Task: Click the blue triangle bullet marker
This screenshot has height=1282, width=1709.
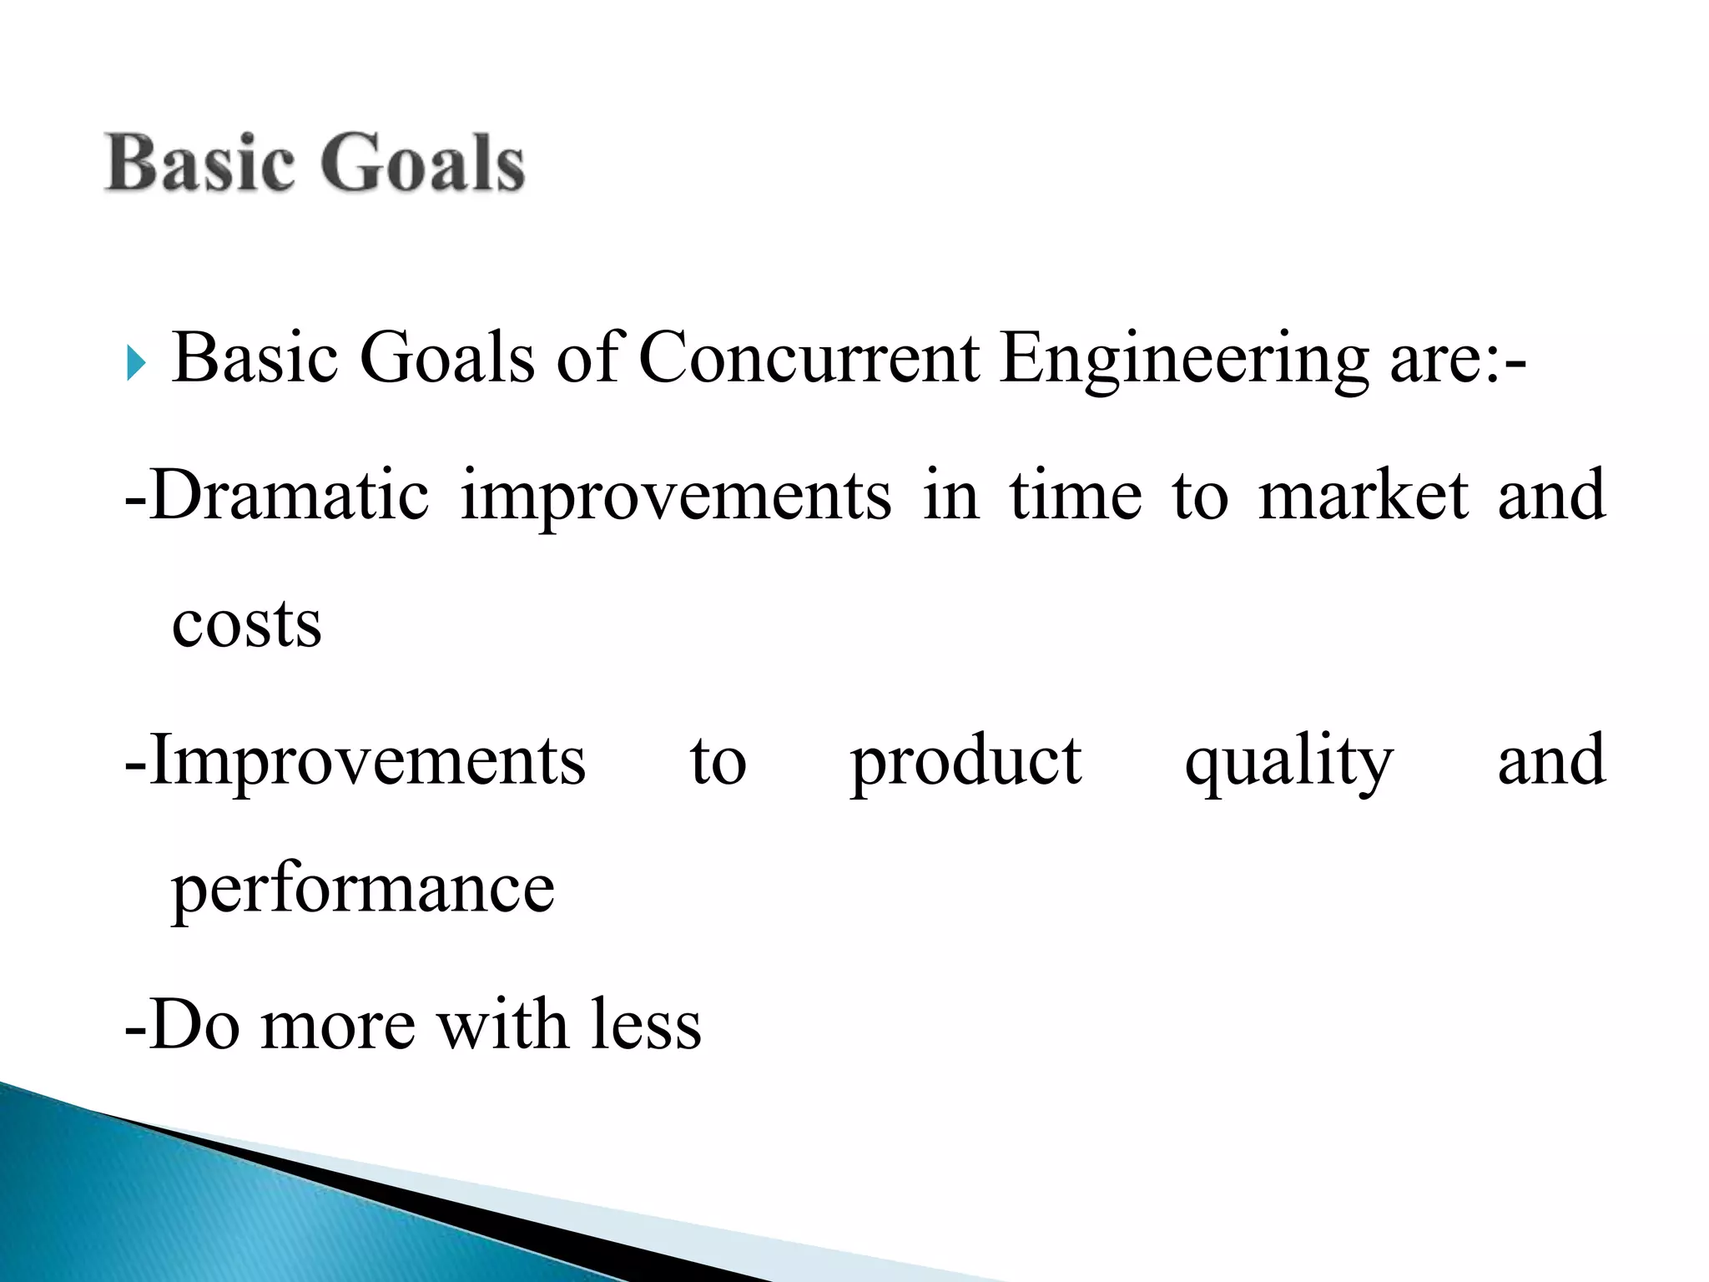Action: (x=136, y=364)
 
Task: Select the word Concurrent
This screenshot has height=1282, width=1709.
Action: (x=808, y=359)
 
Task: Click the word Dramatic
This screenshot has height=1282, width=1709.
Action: (x=289, y=496)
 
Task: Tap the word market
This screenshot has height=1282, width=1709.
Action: (x=1362, y=496)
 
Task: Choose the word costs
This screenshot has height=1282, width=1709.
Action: (x=246, y=624)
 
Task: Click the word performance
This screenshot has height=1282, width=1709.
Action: (x=363, y=890)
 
